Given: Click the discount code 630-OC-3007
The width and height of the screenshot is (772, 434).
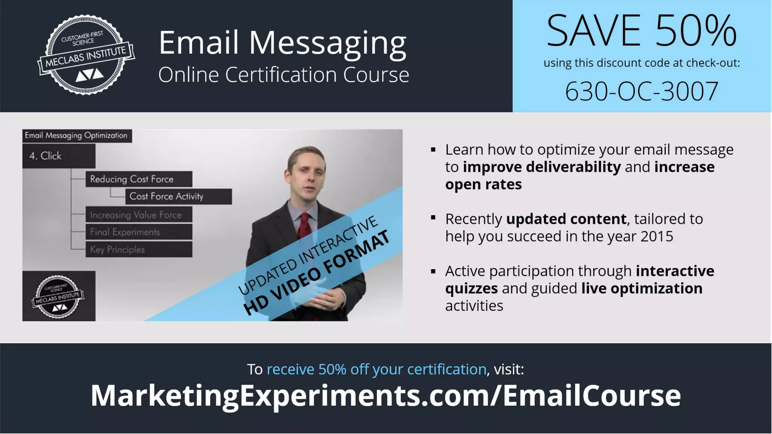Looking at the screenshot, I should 642,92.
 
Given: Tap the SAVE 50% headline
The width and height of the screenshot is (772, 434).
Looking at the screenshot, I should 641,31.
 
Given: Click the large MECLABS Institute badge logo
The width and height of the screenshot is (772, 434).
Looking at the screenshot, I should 86,55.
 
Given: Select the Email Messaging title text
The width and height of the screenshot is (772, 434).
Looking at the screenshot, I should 282,43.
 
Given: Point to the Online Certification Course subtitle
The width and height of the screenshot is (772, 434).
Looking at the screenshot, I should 283,75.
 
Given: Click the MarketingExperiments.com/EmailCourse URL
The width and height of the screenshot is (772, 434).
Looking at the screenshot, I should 386,395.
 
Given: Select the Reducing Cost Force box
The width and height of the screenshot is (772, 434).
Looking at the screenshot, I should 139,179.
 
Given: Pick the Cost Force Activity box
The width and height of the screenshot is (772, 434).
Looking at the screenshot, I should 178,196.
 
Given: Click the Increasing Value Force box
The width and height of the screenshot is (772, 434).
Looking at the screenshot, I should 139,215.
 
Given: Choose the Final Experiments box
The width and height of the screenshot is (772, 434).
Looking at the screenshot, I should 139,232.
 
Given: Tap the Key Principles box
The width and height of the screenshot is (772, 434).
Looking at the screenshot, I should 139,249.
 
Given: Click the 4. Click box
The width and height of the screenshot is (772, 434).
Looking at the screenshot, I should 59,156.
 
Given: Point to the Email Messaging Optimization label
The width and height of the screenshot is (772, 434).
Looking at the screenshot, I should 77,136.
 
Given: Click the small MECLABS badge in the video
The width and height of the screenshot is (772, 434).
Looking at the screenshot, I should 58,296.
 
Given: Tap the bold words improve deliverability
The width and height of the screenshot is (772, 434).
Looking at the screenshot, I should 542,167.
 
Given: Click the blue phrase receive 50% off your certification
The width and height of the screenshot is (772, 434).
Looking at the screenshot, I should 376,369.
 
